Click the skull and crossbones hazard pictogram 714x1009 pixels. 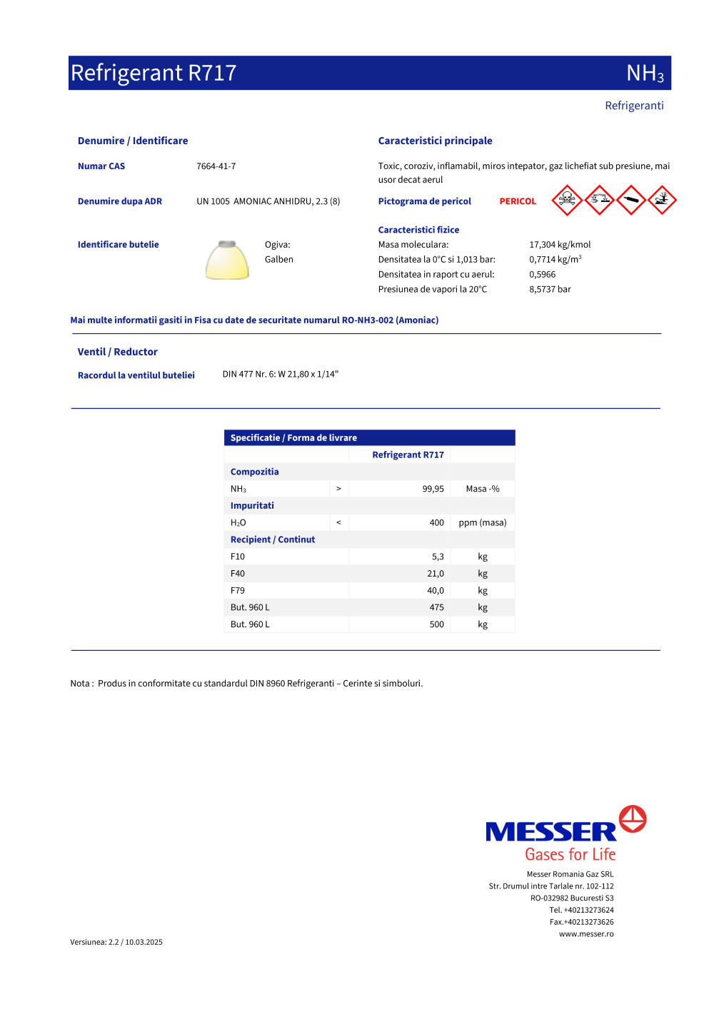click(567, 200)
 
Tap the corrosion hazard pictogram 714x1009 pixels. click(599, 200)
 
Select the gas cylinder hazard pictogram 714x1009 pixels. click(631, 200)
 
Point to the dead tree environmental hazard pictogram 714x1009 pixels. click(663, 200)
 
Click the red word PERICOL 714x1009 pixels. click(518, 202)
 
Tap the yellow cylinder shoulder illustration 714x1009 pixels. click(227, 260)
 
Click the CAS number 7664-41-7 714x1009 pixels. click(216, 166)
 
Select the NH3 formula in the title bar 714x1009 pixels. click(645, 73)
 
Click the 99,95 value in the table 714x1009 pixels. click(433, 489)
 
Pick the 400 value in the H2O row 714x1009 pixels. click(436, 523)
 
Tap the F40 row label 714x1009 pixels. click(238, 574)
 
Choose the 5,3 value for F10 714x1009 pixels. click(438, 557)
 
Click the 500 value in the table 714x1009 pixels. click(436, 624)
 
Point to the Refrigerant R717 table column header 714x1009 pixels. click(408, 455)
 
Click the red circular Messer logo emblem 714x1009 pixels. click(633, 819)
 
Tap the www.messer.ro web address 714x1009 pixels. click(586, 934)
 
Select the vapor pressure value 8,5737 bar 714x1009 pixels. click(550, 290)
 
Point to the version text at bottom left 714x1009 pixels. click(116, 943)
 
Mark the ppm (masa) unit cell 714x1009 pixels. click(483, 523)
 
